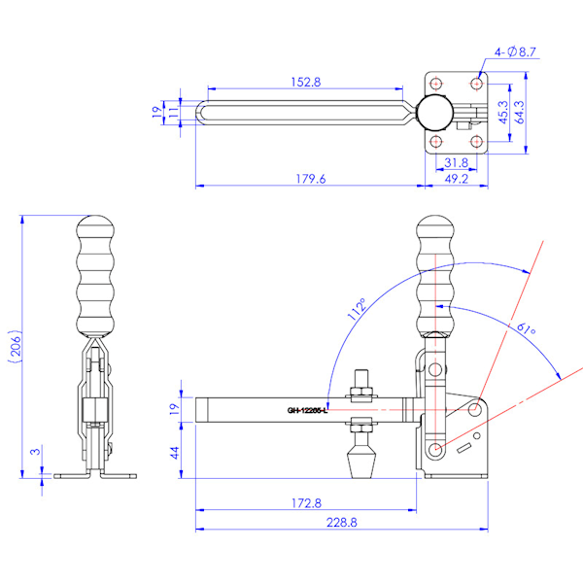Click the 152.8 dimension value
coord(305,83)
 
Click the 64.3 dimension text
coord(520,112)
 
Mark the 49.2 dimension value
coord(458,178)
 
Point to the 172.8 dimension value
coord(305,503)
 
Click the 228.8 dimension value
coord(341,523)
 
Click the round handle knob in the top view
coord(435,113)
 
